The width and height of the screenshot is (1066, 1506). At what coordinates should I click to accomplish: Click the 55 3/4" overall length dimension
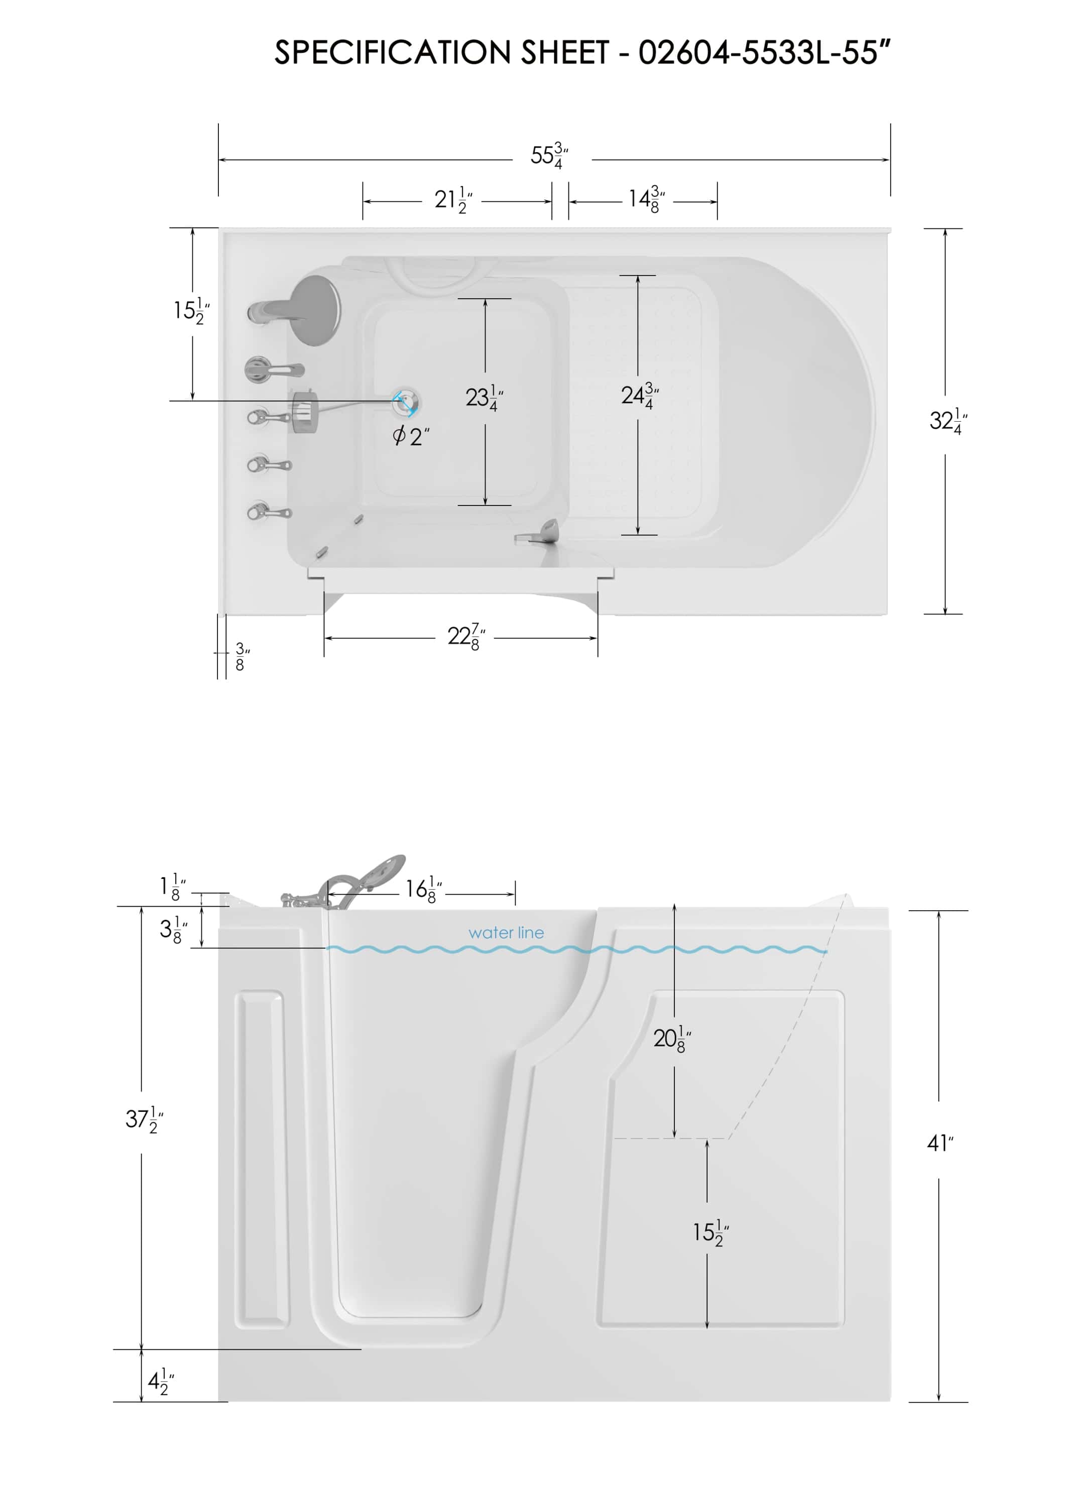(549, 156)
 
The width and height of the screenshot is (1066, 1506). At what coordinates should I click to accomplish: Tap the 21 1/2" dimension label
(453, 199)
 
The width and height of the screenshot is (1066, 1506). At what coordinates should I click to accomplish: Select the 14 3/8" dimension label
(647, 199)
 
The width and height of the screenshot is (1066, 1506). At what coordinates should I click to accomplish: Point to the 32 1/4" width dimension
(947, 421)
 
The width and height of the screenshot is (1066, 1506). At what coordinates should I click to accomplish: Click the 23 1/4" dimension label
(484, 398)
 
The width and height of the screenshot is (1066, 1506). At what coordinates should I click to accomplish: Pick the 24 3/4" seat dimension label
(639, 396)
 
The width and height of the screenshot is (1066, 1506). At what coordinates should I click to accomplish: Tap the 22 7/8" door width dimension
(466, 637)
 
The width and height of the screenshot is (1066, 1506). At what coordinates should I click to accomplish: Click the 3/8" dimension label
(241, 657)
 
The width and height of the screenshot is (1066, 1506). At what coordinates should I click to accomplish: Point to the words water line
(506, 933)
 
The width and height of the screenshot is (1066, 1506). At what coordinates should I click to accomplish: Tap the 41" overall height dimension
(939, 1144)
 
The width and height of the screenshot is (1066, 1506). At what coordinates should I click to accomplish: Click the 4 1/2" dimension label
(160, 1382)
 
